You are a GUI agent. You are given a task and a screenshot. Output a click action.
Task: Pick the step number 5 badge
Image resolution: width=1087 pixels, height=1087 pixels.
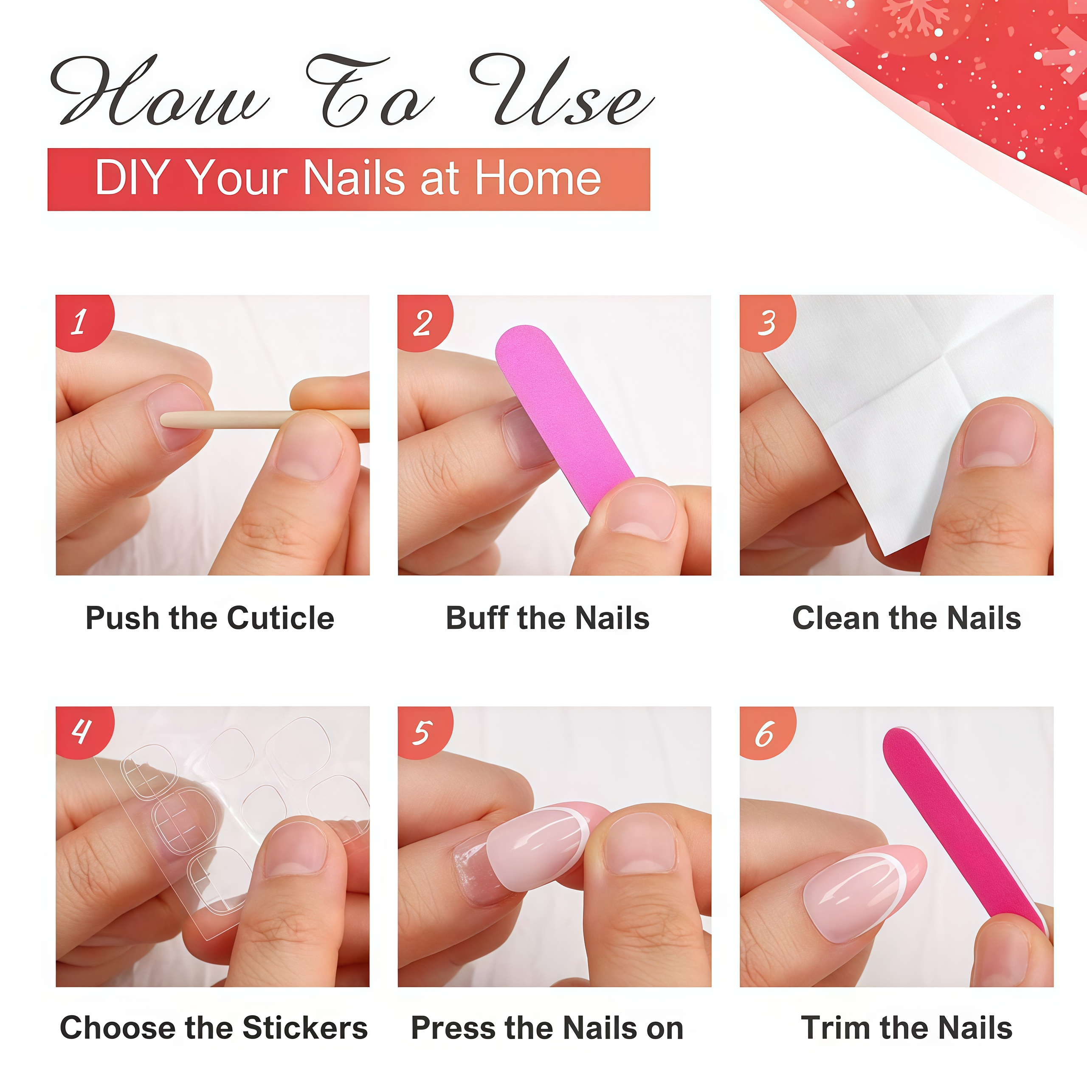pyautogui.click(x=423, y=732)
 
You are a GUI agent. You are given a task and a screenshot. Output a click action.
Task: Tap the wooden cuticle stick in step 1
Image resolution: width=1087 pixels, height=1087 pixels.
pyautogui.click(x=265, y=419)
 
